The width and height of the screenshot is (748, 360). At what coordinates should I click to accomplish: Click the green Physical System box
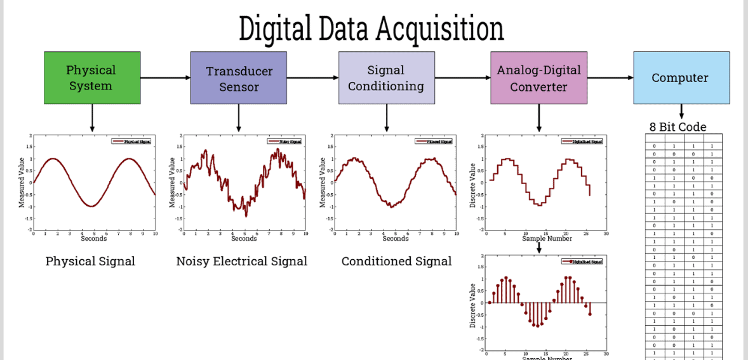pos(92,77)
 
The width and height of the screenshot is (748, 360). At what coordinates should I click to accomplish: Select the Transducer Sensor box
pos(239,78)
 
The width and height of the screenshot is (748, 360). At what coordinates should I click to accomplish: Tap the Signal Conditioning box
pos(386,78)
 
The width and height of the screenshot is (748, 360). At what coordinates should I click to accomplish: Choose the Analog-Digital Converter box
pos(538,78)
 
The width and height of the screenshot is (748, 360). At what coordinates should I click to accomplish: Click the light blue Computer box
pos(681,77)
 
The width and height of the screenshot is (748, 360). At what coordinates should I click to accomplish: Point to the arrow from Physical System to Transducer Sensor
pos(165,77)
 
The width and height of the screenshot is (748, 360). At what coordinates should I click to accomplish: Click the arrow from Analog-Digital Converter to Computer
pos(610,78)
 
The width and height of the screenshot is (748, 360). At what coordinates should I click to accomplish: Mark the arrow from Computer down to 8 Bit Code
pos(681,112)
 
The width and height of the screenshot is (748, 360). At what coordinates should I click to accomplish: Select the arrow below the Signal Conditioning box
pos(387,118)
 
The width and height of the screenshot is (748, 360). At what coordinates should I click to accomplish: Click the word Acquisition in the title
pos(437,29)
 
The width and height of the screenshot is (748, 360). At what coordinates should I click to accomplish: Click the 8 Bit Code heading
pos(678,127)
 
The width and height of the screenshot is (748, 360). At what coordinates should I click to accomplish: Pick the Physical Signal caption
pos(90,261)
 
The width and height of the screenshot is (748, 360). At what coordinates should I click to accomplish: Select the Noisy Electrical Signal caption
pos(241,261)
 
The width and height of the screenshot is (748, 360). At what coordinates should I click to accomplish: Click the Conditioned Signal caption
pos(396,261)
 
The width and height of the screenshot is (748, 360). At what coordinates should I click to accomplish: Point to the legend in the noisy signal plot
pos(288,141)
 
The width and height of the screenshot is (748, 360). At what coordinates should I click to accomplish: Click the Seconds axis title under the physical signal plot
pos(93,239)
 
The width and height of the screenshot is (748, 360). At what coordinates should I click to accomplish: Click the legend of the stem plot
pos(583,261)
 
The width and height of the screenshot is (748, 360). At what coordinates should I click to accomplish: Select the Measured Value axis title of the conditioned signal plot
pos(323,182)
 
